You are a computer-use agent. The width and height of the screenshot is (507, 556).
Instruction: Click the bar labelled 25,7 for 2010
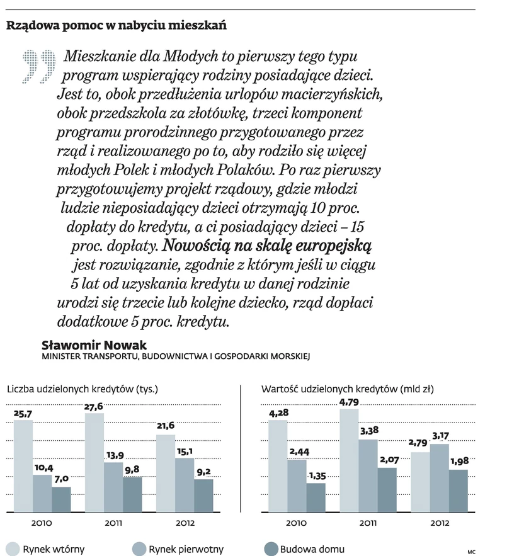(23, 466)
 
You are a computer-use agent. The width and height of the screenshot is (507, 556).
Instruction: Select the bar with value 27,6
(94, 463)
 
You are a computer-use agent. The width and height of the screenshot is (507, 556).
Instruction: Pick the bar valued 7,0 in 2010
(61, 500)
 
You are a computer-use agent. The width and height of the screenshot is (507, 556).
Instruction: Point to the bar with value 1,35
(316, 498)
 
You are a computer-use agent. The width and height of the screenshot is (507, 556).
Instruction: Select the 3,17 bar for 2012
(439, 479)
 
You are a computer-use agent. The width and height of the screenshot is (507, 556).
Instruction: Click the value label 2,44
(297, 451)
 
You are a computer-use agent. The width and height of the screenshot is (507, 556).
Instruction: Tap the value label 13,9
(114, 455)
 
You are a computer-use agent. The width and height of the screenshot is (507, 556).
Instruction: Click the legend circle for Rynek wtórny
(11, 549)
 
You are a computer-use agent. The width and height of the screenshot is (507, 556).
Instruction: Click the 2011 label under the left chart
(114, 523)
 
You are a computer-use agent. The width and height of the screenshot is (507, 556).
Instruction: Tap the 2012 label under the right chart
(439, 523)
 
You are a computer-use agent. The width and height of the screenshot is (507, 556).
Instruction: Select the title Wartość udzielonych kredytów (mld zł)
(347, 389)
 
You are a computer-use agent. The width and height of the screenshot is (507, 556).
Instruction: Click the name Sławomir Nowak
(94, 345)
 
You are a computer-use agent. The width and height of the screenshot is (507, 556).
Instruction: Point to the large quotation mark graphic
(39, 66)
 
